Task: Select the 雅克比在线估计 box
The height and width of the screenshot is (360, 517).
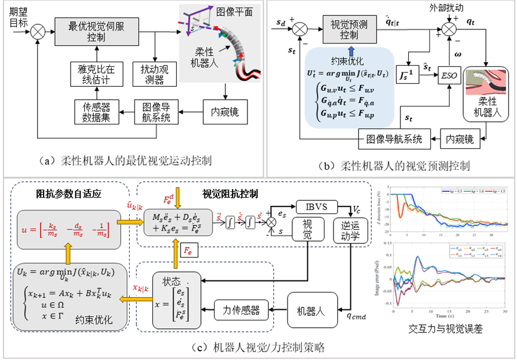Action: tap(92, 72)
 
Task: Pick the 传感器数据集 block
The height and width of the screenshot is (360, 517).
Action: tap(92, 112)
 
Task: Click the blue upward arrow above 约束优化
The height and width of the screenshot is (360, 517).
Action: tap(351, 52)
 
